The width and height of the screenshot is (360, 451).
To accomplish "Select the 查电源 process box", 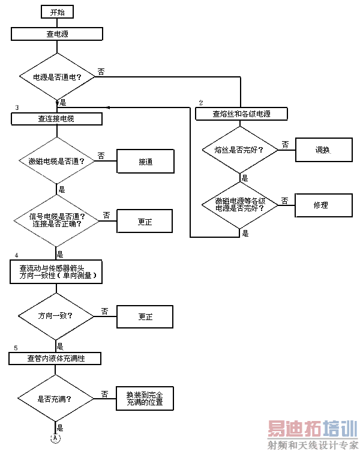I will coord(57,34).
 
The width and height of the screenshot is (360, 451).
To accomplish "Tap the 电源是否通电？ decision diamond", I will coord(57,76).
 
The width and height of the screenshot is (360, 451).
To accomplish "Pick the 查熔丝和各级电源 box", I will coord(241,113).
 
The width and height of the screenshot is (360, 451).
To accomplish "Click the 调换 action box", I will coord(322,150).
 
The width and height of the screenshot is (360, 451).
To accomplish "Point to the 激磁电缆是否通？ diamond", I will coord(56,162).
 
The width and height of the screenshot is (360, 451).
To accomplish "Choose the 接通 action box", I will coord(145,162).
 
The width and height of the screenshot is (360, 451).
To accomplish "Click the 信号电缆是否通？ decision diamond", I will coord(56,220).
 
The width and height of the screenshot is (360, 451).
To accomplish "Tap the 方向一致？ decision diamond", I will coord(55,315).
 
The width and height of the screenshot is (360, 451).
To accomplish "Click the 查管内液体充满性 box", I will coord(55,358).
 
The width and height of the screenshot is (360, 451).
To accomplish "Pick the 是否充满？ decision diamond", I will coord(55,398).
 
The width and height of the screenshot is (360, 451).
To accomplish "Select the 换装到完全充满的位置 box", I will coord(145,399).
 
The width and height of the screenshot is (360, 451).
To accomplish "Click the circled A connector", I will coord(56,438).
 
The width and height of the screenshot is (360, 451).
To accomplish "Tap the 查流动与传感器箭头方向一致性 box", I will coord(57,271).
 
